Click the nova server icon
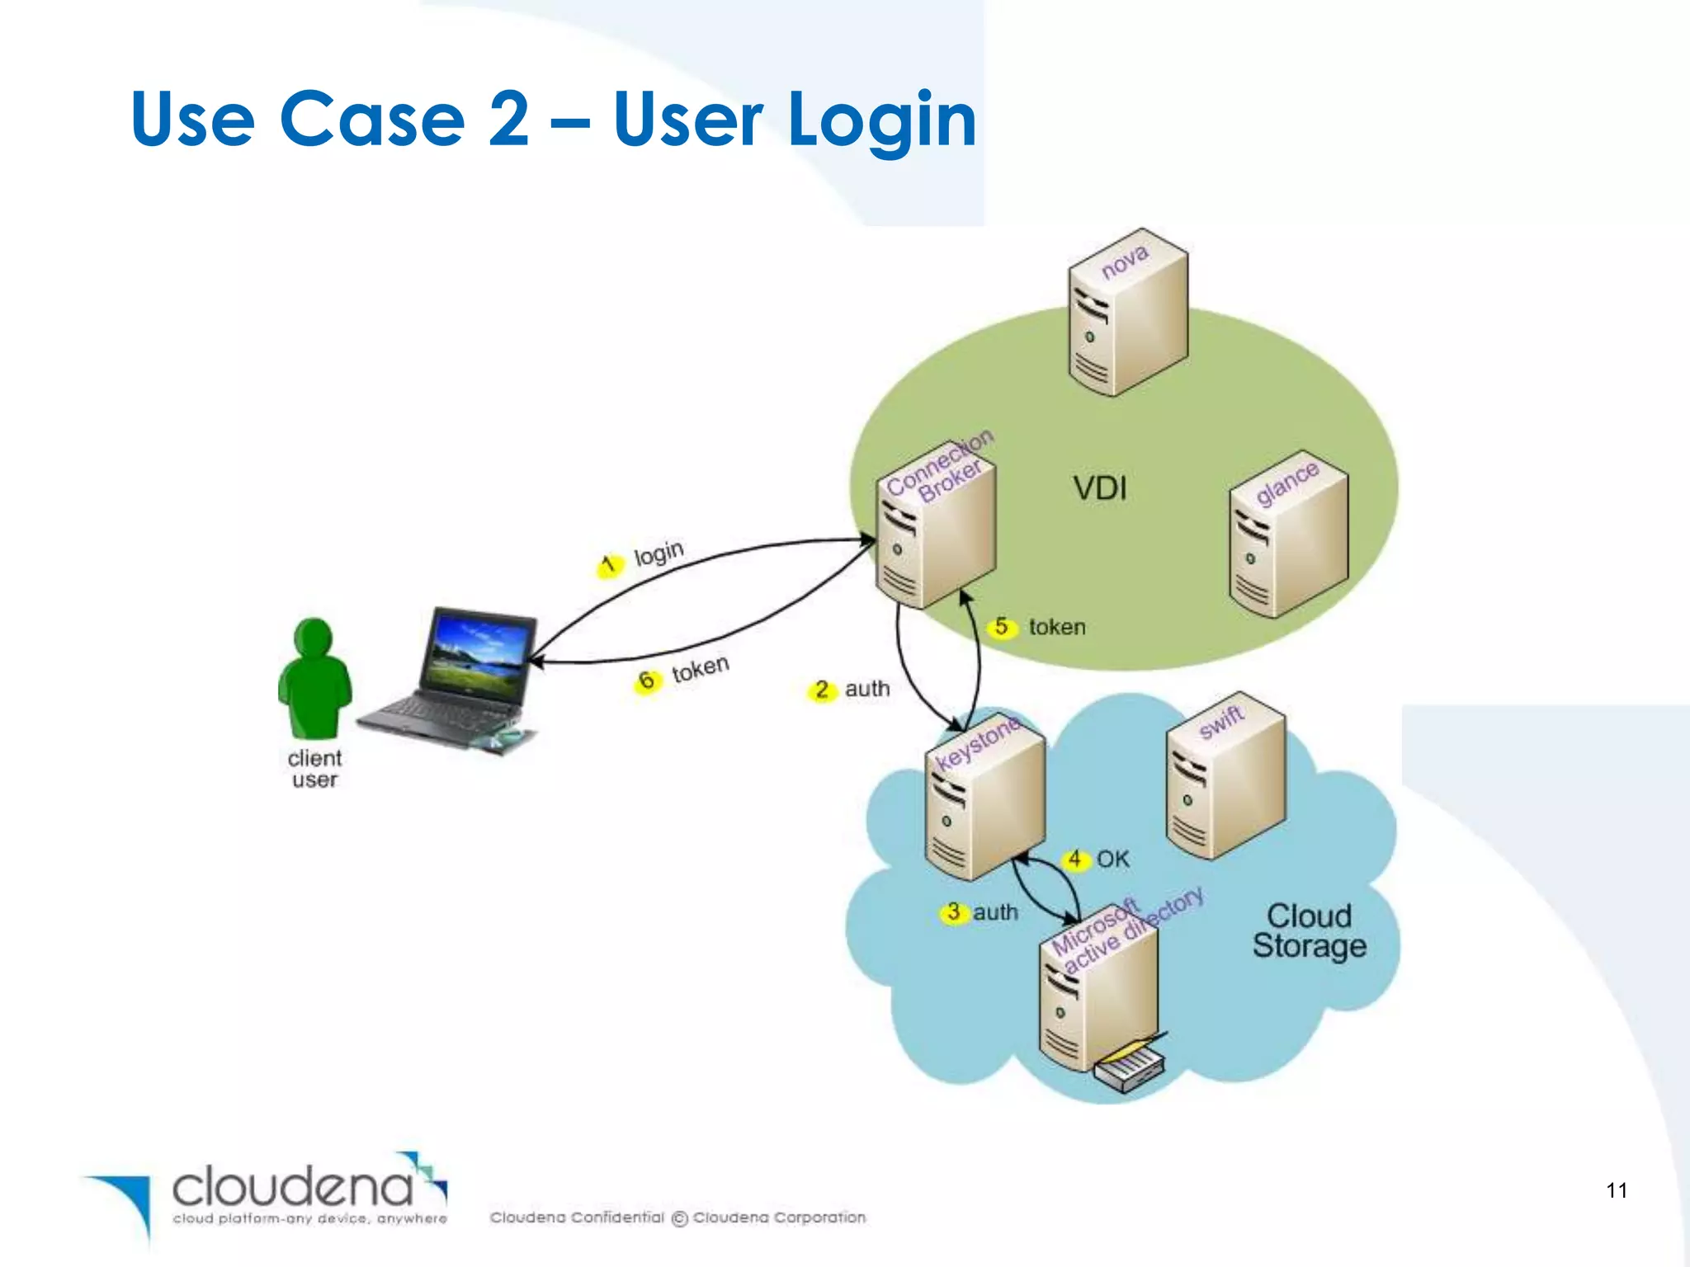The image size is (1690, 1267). (1127, 313)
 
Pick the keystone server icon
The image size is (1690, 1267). (984, 800)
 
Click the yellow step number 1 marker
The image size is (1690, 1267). (609, 565)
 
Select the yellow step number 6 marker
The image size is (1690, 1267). (647, 681)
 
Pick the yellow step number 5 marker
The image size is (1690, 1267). (1001, 627)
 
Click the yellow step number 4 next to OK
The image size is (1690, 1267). (1074, 860)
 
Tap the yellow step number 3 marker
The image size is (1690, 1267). (954, 912)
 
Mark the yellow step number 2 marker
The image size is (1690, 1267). (821, 690)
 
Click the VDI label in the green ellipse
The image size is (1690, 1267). (1100, 488)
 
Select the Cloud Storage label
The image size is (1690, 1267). (1309, 930)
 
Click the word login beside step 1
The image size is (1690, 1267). (659, 553)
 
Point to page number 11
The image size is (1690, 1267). (1617, 1190)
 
